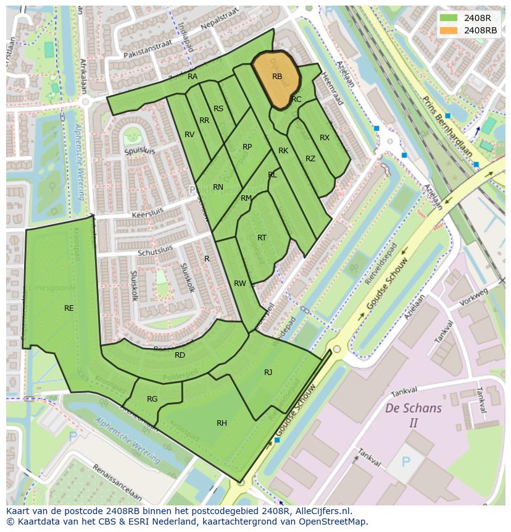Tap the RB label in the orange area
click(277, 77)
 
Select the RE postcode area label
click(69, 308)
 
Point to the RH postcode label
click(222, 423)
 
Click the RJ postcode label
click(268, 372)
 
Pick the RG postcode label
click(152, 399)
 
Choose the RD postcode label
click(180, 355)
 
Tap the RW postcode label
click(239, 284)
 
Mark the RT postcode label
click(262, 237)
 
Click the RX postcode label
click(325, 138)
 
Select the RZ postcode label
click(310, 159)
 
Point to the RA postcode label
click(193, 77)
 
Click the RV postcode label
click(189, 135)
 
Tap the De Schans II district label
click(413, 415)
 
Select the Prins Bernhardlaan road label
click(447, 126)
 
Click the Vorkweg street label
click(474, 297)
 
